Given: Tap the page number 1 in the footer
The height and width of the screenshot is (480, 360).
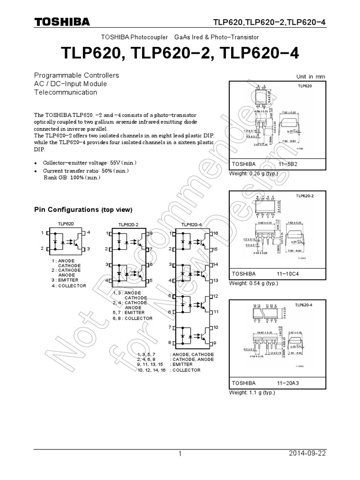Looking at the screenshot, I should pyautogui.click(x=180, y=454).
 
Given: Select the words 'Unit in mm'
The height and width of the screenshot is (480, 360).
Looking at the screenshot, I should pyautogui.click(x=310, y=77).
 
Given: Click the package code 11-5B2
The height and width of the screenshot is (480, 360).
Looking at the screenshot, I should pyautogui.click(x=289, y=165).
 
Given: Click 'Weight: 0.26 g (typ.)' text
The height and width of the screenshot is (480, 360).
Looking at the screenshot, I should pyautogui.click(x=253, y=174).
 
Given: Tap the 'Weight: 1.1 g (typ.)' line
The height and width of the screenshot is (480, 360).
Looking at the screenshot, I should pyautogui.click(x=252, y=392).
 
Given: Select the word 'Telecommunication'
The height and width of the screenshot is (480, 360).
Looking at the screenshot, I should pyautogui.click(x=65, y=92).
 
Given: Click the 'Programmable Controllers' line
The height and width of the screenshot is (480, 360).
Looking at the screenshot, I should pyautogui.click(x=76, y=75).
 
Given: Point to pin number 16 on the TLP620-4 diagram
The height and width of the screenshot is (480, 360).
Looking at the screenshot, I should pyautogui.click(x=216, y=233).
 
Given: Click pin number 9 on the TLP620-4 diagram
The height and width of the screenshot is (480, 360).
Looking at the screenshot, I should pyautogui.click(x=215, y=343).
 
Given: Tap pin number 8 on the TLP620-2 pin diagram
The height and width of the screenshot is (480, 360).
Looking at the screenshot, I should pyautogui.click(x=150, y=233).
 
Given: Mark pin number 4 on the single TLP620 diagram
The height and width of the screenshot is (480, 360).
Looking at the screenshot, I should pyautogui.click(x=89, y=232).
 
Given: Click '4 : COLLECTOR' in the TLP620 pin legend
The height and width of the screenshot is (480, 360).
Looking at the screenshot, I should pyautogui.click(x=69, y=285).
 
